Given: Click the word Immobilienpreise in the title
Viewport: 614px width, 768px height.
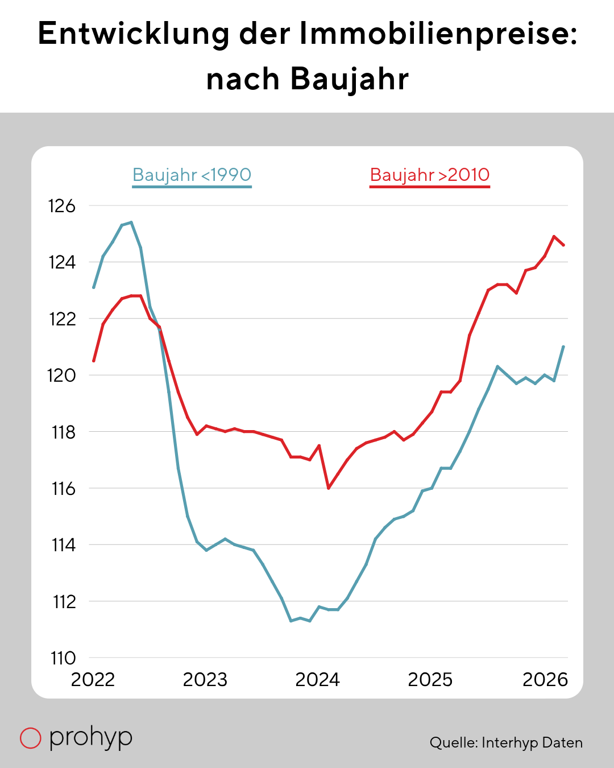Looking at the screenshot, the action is click(438, 34).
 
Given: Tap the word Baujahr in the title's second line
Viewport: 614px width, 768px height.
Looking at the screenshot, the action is click(350, 79).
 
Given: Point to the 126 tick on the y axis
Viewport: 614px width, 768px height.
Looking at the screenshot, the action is click(62, 206).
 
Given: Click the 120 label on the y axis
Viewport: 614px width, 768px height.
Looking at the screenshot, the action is click(62, 375).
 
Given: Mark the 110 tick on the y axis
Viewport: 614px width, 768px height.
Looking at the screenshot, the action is click(63, 658).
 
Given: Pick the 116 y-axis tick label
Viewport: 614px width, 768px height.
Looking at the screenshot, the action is click(64, 488).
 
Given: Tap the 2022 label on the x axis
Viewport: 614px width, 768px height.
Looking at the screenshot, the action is click(93, 680).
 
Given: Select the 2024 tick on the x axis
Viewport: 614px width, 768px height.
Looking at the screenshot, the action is click(318, 680).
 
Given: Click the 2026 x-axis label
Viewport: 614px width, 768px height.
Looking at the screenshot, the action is click(545, 680).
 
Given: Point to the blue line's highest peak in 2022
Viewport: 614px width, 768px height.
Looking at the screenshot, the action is click(132, 222).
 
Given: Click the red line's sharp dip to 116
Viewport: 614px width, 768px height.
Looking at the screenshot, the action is click(329, 488).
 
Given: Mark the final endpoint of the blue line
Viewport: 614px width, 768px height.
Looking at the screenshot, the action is click(563, 346).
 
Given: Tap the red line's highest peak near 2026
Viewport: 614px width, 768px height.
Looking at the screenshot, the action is click(554, 236).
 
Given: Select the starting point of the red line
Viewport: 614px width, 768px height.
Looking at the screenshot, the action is click(93, 361).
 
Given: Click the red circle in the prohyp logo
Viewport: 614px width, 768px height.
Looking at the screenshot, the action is click(30, 737).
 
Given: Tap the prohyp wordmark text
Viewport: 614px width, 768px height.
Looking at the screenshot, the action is click(91, 737).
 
